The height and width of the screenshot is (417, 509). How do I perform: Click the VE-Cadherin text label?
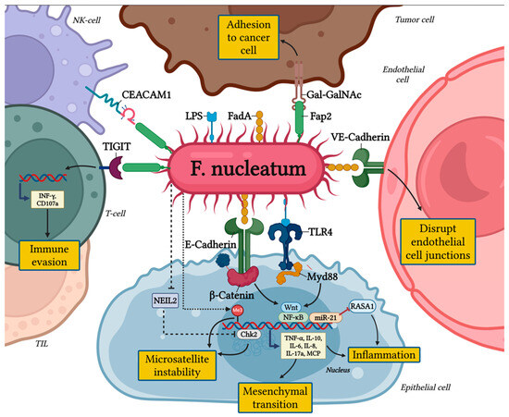point(366,136)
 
